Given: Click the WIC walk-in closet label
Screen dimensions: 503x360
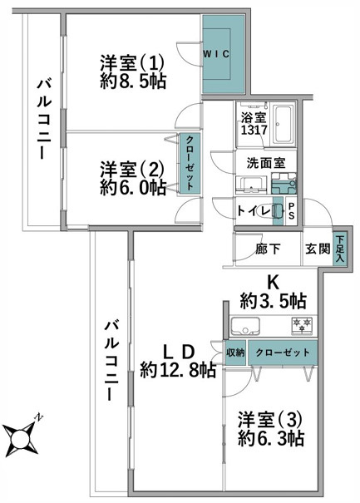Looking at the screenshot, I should [221, 53].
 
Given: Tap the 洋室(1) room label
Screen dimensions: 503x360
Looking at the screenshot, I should [134, 62].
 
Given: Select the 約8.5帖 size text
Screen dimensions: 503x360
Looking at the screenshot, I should [133, 83].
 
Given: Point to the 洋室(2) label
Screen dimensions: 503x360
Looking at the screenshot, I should [133, 167].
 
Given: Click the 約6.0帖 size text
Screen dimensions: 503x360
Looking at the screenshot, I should [133, 188].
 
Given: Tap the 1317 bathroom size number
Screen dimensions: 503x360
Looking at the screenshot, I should [254, 131].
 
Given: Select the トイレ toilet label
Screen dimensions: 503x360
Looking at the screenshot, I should [252, 210].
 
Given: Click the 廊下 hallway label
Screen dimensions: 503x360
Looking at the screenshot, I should [267, 249].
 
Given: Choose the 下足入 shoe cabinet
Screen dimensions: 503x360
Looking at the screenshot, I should [340, 249].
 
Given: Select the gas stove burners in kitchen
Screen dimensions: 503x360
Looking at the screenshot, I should [301, 324].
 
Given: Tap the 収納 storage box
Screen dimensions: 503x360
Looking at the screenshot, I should [235, 352].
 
